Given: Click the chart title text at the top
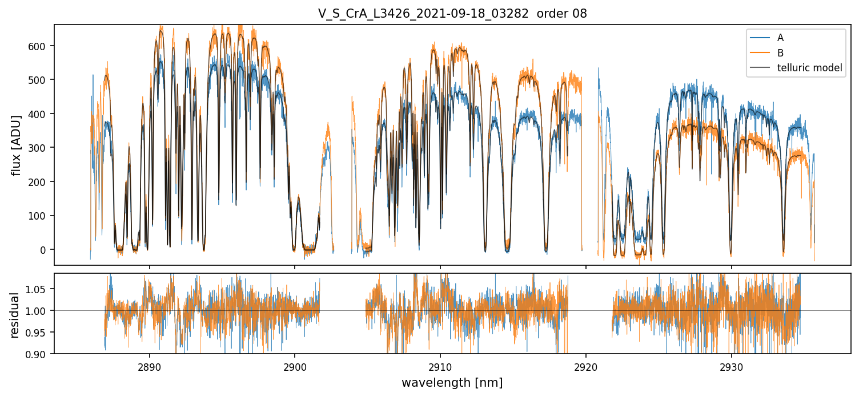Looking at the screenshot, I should pos(452,14).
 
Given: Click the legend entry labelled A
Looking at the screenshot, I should pos(780,38).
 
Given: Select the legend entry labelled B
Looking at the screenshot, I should pos(780,53).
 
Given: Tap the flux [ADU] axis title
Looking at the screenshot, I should pos(16,145).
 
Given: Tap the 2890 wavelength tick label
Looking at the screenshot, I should pos(150,366).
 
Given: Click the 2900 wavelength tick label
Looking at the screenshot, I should pos(295,366).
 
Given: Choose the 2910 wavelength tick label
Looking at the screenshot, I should pos(440,366).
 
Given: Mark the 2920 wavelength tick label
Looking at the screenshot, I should pos(586,366).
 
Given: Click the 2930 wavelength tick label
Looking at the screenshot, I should pos(732,366).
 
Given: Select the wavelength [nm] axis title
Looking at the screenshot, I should pos(452,382).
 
